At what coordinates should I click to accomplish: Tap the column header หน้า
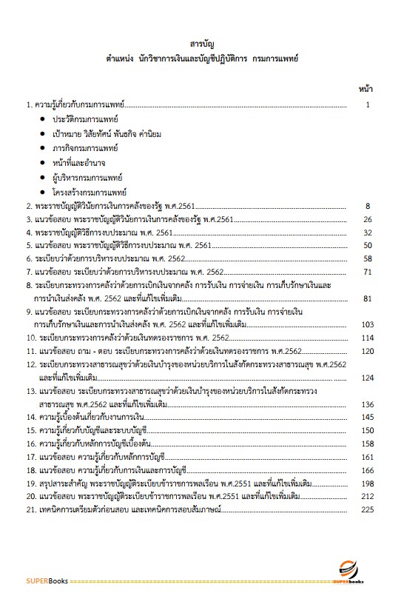coord(365,89)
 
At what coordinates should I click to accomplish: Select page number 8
coord(367,207)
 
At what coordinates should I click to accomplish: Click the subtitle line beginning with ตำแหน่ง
coord(201,57)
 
